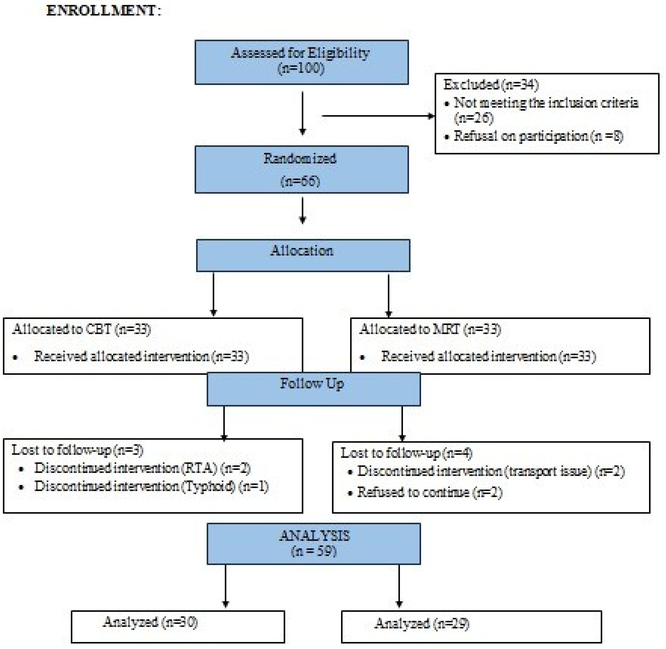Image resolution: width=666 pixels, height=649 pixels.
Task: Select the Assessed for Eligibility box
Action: click(301, 62)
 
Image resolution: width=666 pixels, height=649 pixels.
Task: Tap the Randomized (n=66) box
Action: click(301, 169)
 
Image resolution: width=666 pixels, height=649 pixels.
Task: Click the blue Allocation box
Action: click(303, 255)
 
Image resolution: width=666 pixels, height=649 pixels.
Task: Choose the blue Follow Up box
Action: click(313, 389)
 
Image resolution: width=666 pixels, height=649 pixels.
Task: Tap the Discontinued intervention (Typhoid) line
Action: click(151, 487)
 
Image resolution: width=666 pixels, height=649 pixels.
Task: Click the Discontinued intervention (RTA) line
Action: click(142, 468)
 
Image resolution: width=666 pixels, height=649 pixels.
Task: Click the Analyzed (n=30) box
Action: click(178, 627)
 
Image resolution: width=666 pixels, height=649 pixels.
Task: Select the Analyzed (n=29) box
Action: click(471, 627)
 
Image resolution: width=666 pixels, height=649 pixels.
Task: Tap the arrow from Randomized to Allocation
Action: click(302, 210)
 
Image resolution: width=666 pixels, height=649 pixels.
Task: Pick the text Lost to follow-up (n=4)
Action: click(407, 453)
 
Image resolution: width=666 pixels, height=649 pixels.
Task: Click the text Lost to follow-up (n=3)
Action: click(77, 450)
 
